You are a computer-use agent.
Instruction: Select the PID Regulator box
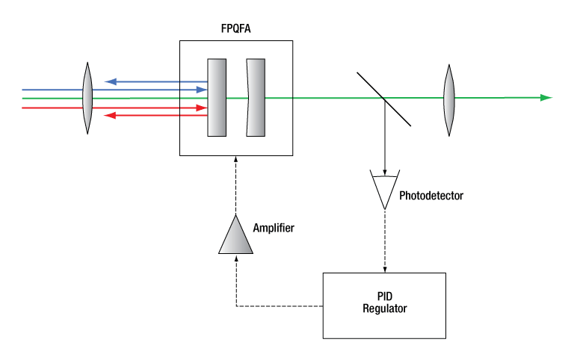click(x=383, y=305)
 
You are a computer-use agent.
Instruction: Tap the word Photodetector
click(x=431, y=196)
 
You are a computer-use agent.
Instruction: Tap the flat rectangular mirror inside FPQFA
click(x=217, y=98)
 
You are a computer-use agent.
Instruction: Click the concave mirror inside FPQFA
click(x=256, y=98)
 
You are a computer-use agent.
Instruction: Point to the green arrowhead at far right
click(x=546, y=98)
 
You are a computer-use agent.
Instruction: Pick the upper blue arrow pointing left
click(x=149, y=81)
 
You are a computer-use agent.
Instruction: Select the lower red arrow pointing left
click(x=149, y=116)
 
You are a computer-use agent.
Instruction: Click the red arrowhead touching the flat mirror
click(x=202, y=108)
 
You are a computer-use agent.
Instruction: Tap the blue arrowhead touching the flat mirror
click(x=202, y=90)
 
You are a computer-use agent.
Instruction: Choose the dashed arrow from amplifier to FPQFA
click(x=235, y=183)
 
